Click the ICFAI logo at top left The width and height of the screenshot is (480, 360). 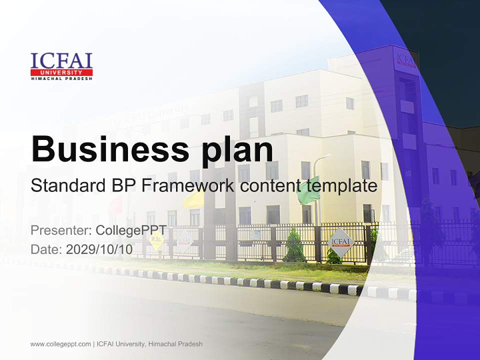pyautogui.click(x=61, y=66)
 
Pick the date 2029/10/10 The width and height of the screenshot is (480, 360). pyautogui.click(x=99, y=249)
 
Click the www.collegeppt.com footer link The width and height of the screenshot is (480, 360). pyautogui.click(x=60, y=344)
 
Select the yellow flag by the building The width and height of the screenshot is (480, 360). pyautogui.click(x=193, y=200)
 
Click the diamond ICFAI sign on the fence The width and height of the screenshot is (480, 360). pyautogui.click(x=342, y=242)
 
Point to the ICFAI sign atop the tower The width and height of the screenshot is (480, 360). pyautogui.click(x=405, y=58)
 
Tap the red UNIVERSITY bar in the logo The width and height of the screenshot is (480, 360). pyautogui.click(x=61, y=73)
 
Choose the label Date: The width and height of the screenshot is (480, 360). pyautogui.click(x=47, y=249)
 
